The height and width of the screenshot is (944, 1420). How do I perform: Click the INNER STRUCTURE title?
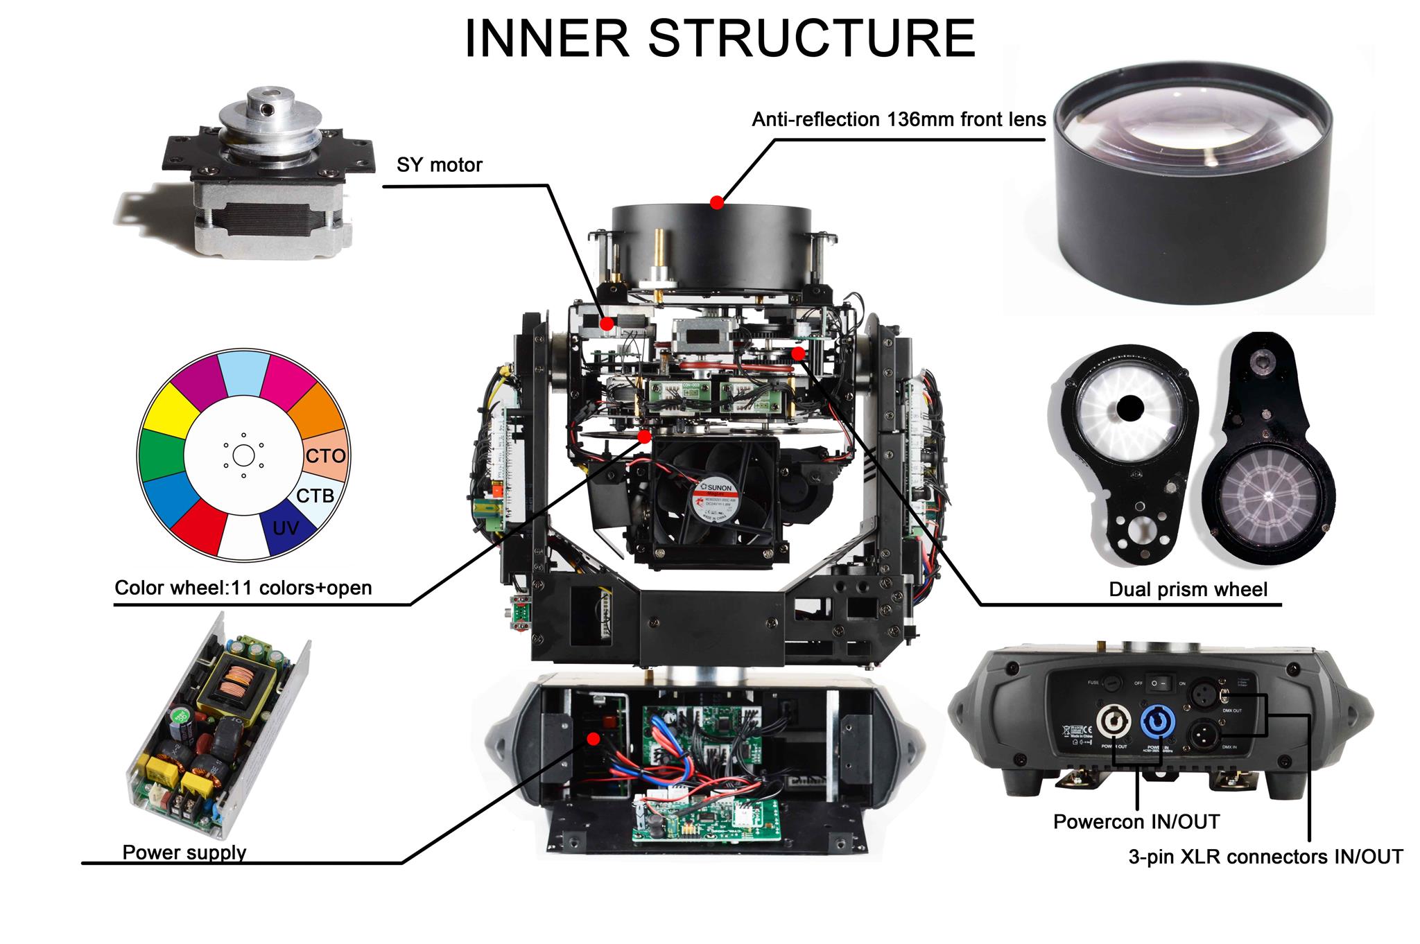719,39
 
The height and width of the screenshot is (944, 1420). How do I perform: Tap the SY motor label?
439,165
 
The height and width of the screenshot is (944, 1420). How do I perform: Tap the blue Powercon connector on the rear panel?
1154,724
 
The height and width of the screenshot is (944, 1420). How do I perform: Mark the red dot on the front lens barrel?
717,203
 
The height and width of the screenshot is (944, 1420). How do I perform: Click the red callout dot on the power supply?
593,739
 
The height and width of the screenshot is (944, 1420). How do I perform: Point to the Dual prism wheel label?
1188,590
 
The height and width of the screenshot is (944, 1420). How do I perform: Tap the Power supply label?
184,852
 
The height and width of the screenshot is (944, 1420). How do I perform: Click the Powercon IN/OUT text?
1136,822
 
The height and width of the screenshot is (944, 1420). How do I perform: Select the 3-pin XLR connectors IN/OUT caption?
1265,857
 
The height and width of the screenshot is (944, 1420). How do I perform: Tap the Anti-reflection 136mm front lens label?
899,120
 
